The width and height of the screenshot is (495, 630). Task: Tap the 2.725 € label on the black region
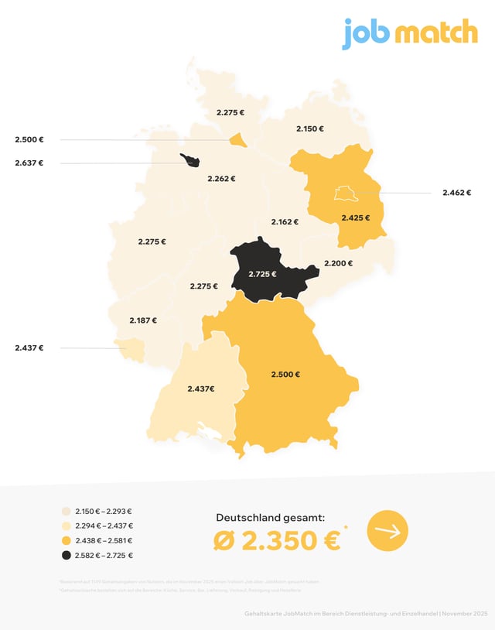[261, 275]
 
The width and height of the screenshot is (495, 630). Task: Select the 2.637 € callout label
[29, 163]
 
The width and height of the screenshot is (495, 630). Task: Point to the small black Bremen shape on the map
[190, 161]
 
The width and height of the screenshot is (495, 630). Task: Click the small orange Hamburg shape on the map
[239, 141]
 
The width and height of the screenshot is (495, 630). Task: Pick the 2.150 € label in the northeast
[310, 129]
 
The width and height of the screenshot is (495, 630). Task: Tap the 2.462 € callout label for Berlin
[457, 193]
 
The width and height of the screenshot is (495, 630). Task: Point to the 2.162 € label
[285, 222]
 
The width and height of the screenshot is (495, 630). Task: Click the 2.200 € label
[338, 263]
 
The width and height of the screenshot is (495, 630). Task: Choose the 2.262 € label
[221, 179]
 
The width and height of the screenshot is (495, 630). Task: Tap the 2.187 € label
[143, 320]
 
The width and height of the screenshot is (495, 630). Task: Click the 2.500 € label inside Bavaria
[285, 375]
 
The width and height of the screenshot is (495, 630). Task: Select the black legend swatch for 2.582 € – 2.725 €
[67, 556]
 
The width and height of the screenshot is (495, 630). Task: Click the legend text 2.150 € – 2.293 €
[104, 512]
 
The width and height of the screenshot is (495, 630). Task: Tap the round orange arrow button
[387, 531]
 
